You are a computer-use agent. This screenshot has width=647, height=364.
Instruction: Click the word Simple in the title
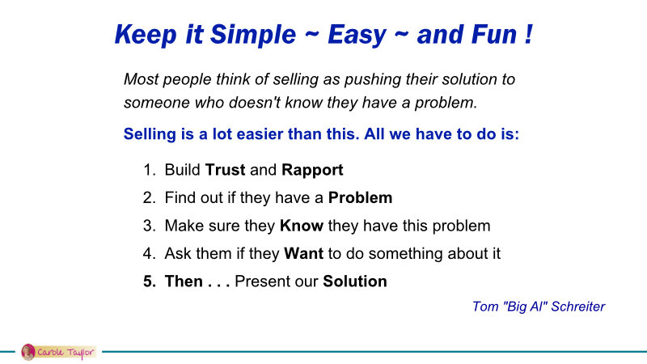(253, 35)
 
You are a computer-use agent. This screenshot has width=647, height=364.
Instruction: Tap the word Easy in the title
(357, 35)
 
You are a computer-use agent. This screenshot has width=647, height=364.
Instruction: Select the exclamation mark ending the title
(529, 34)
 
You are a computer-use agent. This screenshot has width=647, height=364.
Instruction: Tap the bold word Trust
(226, 170)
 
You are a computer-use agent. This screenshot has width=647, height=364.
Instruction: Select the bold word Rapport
(312, 170)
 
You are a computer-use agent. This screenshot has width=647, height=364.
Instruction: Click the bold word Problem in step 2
(360, 197)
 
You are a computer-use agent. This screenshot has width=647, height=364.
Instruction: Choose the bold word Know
(301, 226)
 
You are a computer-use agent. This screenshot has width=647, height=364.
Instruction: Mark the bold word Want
(304, 253)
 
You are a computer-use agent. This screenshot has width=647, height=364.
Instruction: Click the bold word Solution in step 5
(355, 281)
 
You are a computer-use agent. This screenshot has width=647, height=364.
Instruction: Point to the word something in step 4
(406, 254)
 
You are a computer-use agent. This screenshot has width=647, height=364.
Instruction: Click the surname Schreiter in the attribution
(577, 307)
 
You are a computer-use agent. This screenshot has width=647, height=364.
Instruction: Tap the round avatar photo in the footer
(28, 352)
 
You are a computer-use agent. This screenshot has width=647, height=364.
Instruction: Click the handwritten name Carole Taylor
(66, 353)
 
